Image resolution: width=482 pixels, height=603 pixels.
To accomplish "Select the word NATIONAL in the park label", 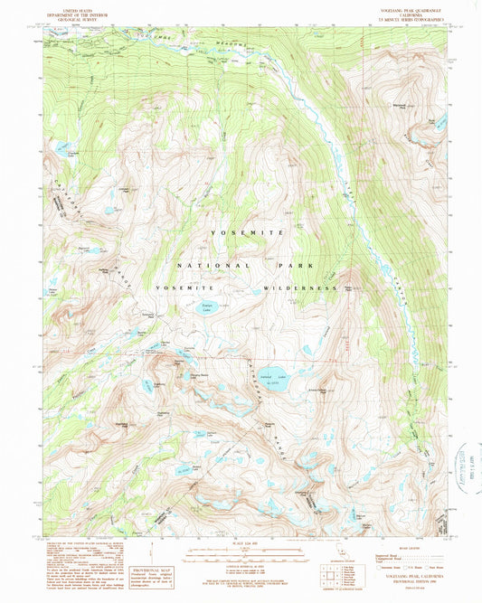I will click(x=202, y=267).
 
